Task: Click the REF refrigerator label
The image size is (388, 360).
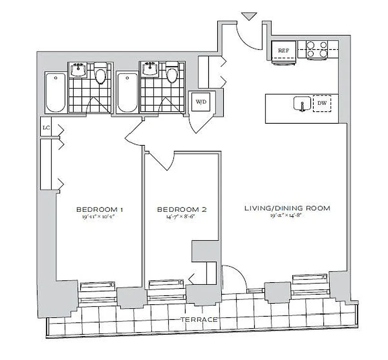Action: point(283,50)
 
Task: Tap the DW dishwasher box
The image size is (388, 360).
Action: point(322,103)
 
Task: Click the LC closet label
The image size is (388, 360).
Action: point(46,128)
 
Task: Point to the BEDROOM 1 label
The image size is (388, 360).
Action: point(100,209)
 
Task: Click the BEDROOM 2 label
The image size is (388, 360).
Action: point(182,209)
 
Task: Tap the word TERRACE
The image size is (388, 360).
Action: point(199,319)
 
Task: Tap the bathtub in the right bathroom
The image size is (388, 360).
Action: point(127,93)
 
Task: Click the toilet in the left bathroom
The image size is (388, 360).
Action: point(101,76)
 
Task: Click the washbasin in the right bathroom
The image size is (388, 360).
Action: point(150,69)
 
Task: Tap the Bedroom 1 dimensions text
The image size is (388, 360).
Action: point(100,216)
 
